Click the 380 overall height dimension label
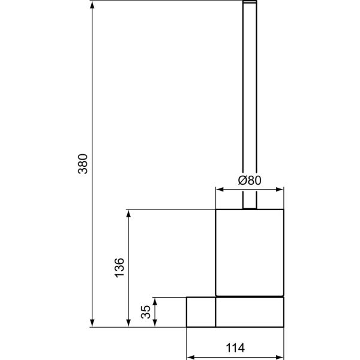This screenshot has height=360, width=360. (x=83, y=164)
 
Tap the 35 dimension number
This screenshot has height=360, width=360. (x=145, y=312)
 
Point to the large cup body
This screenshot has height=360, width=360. (x=249, y=252)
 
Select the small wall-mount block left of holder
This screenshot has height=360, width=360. (x=200, y=312)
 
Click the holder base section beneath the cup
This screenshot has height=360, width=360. (x=249, y=313)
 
